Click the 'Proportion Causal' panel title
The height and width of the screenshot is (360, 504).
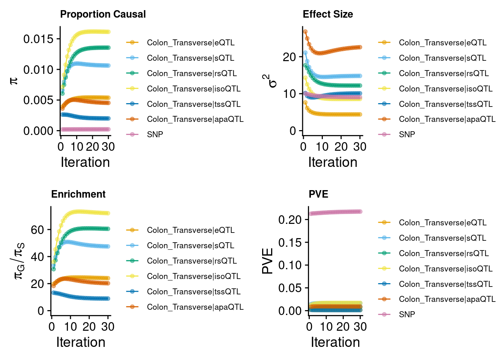103,14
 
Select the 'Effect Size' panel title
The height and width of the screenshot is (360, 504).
328,14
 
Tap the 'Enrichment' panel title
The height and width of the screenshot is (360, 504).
78,194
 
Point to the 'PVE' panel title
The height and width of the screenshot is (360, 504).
318,194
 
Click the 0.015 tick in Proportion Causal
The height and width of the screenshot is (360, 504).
38,39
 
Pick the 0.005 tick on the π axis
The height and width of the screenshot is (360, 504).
38,100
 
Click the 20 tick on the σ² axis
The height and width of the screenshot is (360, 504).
289,57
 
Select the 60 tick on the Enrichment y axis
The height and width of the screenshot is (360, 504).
37,229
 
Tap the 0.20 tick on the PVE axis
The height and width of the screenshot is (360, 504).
290,219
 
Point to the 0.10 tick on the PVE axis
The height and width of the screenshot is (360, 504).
290,265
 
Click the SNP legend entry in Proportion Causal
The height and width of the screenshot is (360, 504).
155,134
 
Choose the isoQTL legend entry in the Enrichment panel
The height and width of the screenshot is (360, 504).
193,276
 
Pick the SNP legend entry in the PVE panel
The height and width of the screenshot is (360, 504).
407,314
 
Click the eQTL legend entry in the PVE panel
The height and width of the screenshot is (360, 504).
442,223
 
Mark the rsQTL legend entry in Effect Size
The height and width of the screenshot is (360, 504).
444,73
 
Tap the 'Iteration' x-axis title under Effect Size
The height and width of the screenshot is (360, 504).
333,162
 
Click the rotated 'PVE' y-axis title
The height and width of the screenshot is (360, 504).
268,261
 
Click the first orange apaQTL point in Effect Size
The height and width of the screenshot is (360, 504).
305,32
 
